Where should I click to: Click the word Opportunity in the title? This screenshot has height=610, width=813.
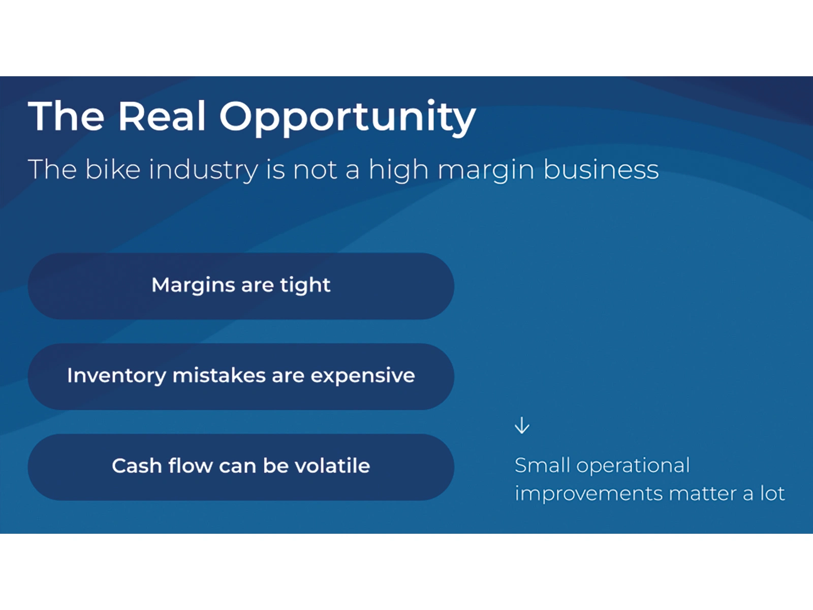[x=348, y=118]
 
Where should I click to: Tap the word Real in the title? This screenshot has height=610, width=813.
[x=162, y=116]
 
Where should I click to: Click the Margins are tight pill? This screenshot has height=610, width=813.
[x=241, y=286]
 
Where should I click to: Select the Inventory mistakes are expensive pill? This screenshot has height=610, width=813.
[x=241, y=376]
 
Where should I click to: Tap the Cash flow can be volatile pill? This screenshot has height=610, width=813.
[x=241, y=467]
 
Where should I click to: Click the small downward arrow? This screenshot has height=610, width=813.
[x=522, y=425]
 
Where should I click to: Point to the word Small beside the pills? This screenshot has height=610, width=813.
[x=542, y=465]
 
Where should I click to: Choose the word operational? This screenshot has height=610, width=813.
[x=633, y=467]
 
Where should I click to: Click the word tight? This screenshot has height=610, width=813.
[x=305, y=286]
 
